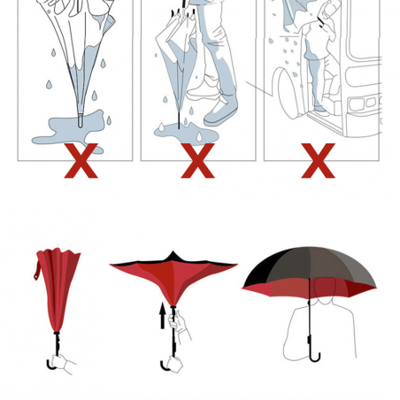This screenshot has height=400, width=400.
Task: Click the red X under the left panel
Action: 81,161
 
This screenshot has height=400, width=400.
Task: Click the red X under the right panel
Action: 318,161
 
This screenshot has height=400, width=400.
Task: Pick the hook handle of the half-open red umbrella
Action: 167,364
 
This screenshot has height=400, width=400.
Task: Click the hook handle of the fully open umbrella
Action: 313,354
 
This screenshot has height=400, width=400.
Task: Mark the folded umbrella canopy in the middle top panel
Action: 173,53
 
